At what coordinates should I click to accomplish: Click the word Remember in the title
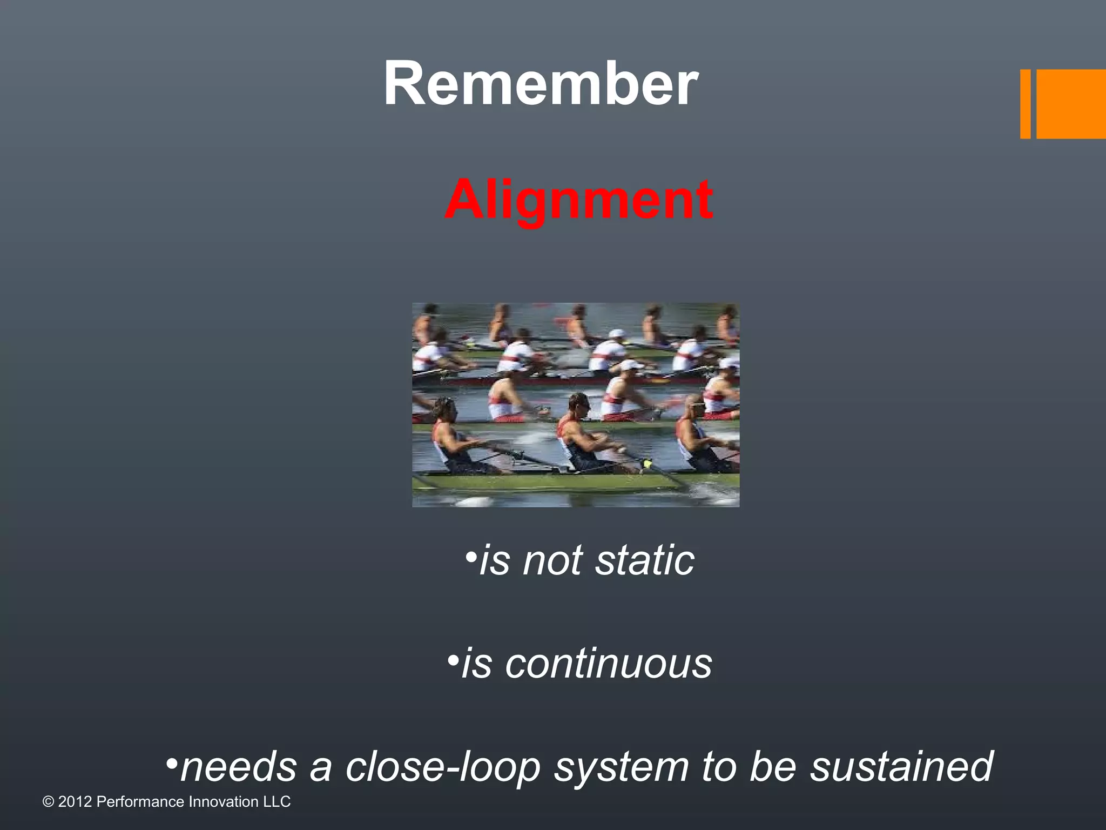coord(541,84)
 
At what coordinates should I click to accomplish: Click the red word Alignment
coord(578,199)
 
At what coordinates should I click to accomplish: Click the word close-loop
coord(443,766)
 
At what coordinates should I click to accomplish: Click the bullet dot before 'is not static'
coord(471,556)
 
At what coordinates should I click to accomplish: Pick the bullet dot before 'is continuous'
coord(453,659)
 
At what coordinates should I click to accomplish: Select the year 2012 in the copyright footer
coord(75,802)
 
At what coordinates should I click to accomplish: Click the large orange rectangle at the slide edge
coord(1070,104)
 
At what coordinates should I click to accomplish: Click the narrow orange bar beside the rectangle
coord(1025,104)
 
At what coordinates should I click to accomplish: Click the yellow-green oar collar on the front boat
coord(646,464)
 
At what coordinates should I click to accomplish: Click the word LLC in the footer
coord(276,802)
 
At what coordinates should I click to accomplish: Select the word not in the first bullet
coord(551,560)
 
